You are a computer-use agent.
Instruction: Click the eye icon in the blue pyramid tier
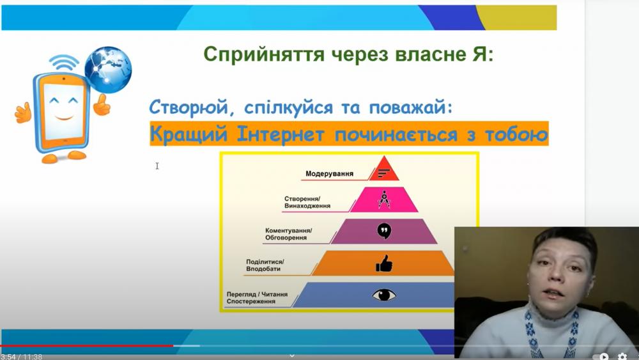pos(384,294)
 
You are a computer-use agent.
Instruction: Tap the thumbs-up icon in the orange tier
pos(384,263)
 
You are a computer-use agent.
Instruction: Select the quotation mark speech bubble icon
pos(384,231)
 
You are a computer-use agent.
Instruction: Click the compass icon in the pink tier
pos(384,199)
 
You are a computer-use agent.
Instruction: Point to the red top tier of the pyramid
pos(384,169)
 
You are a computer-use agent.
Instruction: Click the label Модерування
pos(329,174)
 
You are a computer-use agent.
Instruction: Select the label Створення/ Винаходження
pos(307,202)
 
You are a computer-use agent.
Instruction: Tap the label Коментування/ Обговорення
pos(289,234)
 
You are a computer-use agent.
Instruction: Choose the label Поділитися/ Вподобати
pos(265,265)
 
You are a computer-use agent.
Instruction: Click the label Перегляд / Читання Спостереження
pos(257,297)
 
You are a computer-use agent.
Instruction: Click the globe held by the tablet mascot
pos(108,70)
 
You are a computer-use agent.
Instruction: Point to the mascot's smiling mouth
pos(64,118)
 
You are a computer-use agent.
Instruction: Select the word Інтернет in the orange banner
pos(281,134)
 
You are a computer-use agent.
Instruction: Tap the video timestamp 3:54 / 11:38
pos(21,357)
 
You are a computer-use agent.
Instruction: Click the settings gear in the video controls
pos(622,357)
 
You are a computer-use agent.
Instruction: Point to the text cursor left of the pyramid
pos(157,166)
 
